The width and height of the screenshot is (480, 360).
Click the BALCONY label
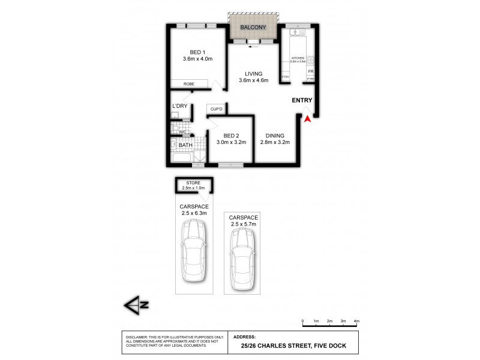[253, 28]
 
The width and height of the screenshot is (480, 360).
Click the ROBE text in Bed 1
[188, 85]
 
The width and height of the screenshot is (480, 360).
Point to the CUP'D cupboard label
[216, 109]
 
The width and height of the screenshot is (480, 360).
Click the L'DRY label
[180, 106]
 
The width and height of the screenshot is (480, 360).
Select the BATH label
[185, 145]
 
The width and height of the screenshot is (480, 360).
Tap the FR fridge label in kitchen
[310, 71]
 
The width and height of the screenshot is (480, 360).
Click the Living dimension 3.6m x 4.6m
[253, 80]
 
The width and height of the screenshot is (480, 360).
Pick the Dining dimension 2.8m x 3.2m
[275, 143]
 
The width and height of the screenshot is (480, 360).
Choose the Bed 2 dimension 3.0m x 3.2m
[231, 143]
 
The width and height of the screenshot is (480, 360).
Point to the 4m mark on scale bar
[356, 322]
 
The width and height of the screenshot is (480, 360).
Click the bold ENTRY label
[302, 100]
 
